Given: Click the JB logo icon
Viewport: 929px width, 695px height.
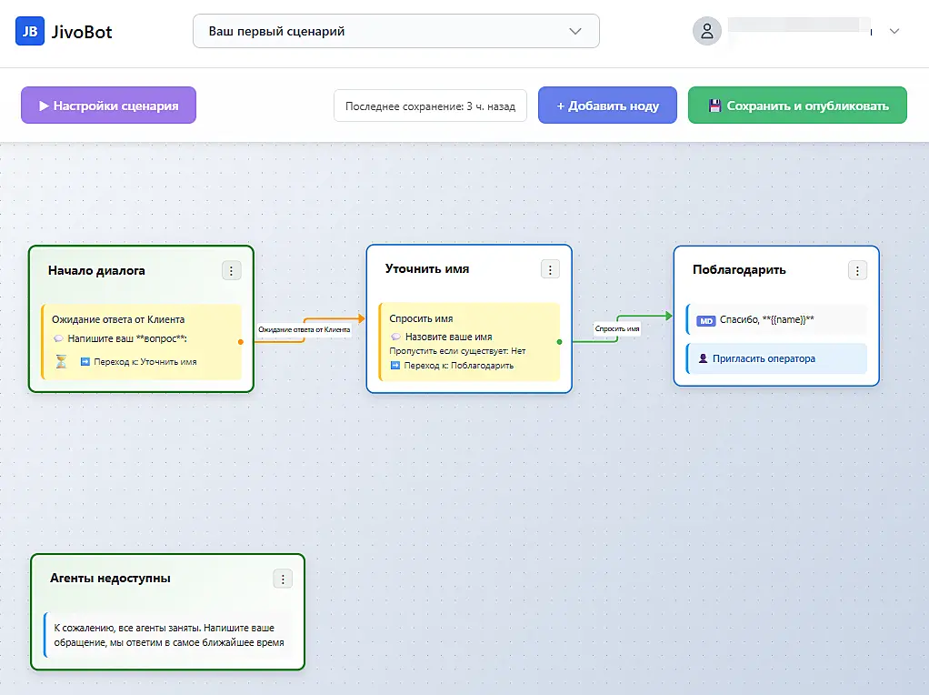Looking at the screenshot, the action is pyautogui.click(x=30, y=32).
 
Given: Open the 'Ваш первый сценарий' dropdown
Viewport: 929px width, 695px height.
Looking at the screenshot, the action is pyautogui.click(x=395, y=32).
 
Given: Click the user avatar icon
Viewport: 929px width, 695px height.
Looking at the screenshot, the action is pyautogui.click(x=707, y=32).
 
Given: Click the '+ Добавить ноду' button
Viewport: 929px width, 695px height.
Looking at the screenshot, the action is pyautogui.click(x=607, y=106).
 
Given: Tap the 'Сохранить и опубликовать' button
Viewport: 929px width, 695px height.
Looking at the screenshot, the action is pyautogui.click(x=797, y=106).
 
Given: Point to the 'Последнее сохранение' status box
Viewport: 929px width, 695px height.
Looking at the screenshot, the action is pyautogui.click(x=430, y=106).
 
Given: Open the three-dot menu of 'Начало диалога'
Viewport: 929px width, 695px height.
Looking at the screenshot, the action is pyautogui.click(x=232, y=271).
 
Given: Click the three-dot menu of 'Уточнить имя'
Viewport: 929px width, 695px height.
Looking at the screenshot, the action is pyautogui.click(x=551, y=270).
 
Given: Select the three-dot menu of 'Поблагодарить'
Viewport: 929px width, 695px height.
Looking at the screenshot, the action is pyautogui.click(x=857, y=271).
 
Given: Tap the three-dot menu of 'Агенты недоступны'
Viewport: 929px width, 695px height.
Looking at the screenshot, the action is pyautogui.click(x=284, y=579).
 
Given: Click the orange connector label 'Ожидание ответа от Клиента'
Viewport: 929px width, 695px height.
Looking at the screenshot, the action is pyautogui.click(x=304, y=329).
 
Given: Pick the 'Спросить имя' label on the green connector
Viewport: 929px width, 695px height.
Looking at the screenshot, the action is pyautogui.click(x=617, y=328).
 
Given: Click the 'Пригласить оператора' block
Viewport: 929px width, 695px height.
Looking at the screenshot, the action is pyautogui.click(x=776, y=358).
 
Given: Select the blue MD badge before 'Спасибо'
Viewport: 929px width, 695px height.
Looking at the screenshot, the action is pyautogui.click(x=705, y=321).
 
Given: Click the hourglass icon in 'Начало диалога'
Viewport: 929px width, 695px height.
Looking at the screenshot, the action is pyautogui.click(x=61, y=361).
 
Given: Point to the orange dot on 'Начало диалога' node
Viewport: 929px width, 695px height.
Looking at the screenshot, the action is pyautogui.click(x=241, y=341).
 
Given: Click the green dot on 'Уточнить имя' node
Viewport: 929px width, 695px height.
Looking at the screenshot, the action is pyautogui.click(x=559, y=341).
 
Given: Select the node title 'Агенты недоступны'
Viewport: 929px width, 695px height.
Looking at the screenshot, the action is pyautogui.click(x=110, y=579).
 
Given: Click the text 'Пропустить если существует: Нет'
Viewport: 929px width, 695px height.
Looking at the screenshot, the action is pyautogui.click(x=457, y=351).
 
